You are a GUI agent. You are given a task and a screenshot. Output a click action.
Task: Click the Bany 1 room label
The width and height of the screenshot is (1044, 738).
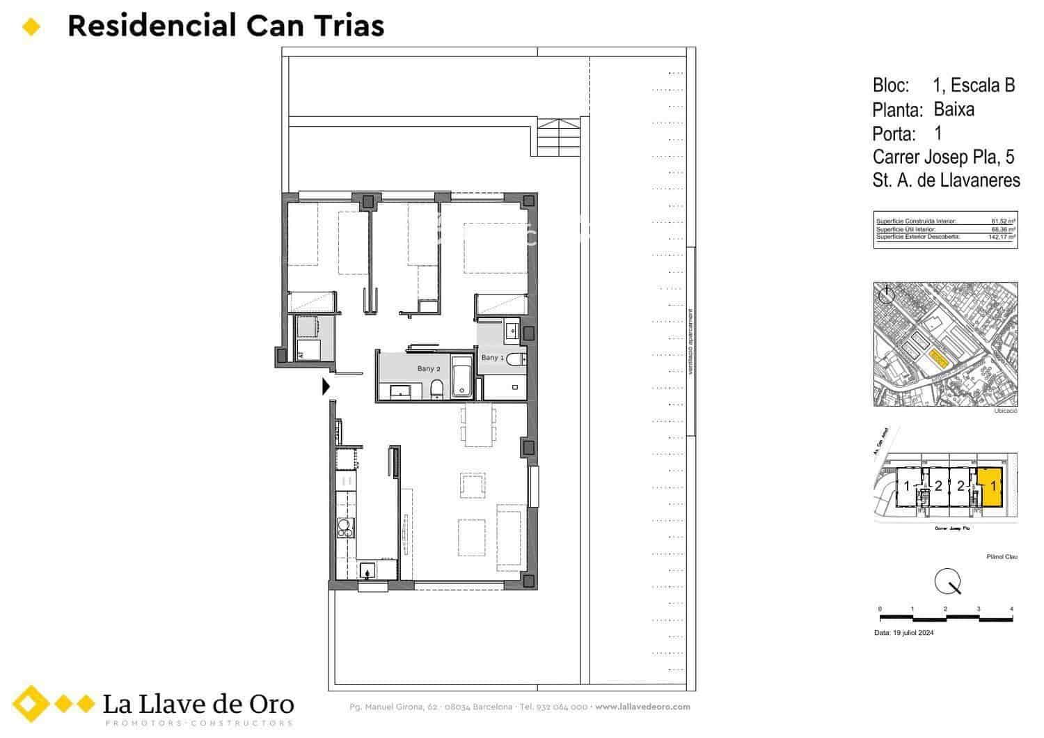(x=492, y=357)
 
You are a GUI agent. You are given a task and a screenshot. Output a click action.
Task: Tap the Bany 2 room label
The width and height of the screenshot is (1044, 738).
(x=429, y=368)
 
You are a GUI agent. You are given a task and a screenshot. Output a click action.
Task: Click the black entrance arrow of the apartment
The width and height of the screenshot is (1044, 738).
(x=326, y=386)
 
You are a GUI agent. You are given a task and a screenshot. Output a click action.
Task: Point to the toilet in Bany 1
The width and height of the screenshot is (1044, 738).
(x=516, y=359)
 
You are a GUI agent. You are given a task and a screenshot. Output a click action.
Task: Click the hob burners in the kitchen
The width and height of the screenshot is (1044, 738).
(x=345, y=529)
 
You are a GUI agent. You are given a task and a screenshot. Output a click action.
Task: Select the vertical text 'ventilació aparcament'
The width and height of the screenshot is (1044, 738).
(x=691, y=341)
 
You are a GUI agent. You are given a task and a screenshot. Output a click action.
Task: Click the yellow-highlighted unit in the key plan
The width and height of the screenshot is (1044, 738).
(x=990, y=485)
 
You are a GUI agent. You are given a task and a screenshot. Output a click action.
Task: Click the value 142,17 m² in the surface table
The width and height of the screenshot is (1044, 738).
(x=1002, y=237)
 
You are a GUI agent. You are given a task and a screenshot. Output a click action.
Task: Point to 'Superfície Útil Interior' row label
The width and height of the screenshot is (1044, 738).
(x=905, y=229)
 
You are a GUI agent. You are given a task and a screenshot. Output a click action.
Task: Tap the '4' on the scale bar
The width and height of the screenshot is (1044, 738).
(x=1011, y=609)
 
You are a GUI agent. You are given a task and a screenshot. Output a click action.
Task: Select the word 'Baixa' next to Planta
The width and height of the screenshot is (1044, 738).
(x=954, y=109)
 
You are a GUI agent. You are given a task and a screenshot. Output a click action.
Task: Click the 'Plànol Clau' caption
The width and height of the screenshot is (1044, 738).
(x=1002, y=556)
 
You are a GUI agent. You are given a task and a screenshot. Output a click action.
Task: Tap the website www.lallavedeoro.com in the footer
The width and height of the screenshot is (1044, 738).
(x=642, y=707)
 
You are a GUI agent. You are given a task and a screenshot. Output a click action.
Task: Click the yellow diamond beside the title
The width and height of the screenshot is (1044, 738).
(x=32, y=27)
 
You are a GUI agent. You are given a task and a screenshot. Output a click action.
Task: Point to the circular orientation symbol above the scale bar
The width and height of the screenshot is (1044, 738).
(x=947, y=580)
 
